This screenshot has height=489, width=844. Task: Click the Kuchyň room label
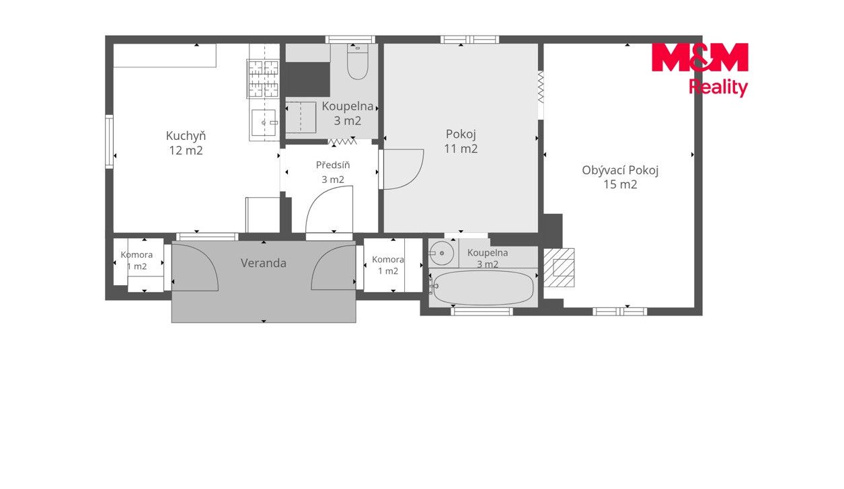click(186, 136)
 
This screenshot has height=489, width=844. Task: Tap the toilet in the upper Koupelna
click(357, 61)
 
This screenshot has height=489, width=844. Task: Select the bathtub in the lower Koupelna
click(484, 287)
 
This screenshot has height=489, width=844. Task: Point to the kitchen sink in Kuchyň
click(264, 122)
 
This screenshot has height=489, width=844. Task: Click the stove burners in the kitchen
click(264, 79)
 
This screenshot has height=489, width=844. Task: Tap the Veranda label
click(264, 263)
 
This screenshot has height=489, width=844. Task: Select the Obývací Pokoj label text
click(620, 171)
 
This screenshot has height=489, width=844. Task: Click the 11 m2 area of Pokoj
click(461, 149)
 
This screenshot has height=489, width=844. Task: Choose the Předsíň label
click(333, 165)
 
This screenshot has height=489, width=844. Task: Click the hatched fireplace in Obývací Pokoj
click(559, 268)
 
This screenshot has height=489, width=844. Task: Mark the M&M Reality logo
click(699, 69)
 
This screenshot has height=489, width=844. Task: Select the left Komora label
click(137, 255)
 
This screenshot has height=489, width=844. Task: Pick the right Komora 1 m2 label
click(388, 265)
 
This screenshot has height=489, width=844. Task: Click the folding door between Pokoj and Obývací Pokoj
click(541, 87)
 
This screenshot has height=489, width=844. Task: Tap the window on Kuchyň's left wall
click(109, 142)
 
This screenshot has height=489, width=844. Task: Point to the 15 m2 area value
click(620, 184)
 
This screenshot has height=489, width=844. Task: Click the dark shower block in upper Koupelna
click(307, 79)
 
